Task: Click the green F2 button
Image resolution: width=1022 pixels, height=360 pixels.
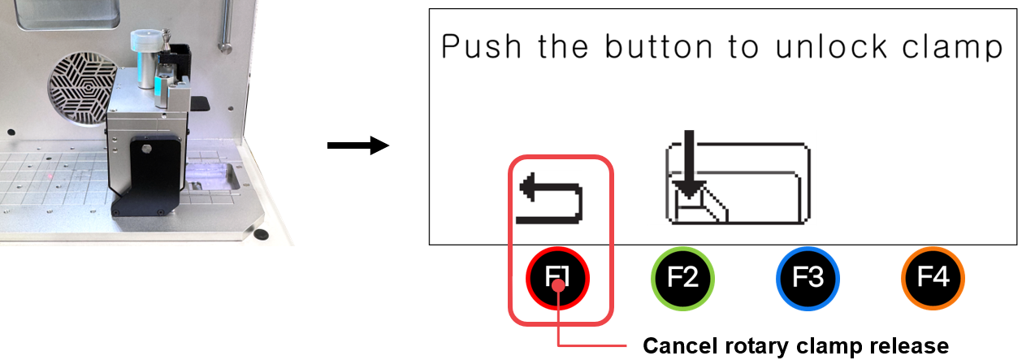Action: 682,278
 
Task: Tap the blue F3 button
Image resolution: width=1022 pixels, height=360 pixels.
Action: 808,278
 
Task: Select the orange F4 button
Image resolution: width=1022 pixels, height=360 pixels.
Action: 933,278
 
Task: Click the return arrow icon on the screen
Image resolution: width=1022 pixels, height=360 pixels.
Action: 551,198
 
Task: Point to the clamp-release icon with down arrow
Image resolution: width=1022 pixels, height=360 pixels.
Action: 738,177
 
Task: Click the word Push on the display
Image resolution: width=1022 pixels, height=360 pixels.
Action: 481,46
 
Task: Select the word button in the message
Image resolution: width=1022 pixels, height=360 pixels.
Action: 658,46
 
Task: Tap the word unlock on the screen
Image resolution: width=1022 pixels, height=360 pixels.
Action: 831,46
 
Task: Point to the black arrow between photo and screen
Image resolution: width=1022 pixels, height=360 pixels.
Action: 358,145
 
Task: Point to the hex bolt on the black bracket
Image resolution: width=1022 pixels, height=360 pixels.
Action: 146,149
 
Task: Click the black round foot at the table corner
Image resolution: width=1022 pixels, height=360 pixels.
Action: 261,234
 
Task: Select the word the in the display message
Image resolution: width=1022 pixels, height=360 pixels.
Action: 563,46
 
